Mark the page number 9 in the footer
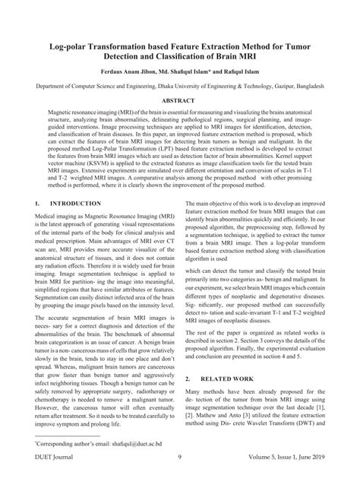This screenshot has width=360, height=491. pos(178,480)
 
